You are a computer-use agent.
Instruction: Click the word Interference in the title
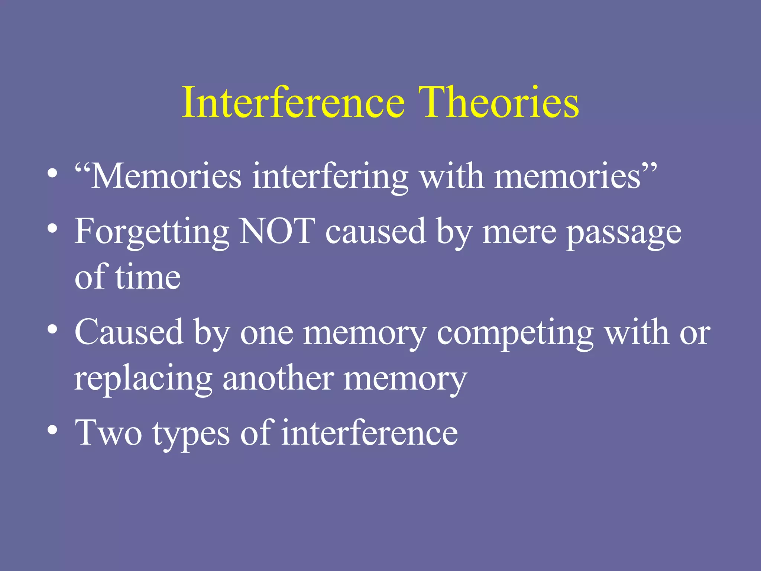293,102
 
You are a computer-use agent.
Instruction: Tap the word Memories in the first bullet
166,177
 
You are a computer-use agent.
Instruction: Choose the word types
191,435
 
